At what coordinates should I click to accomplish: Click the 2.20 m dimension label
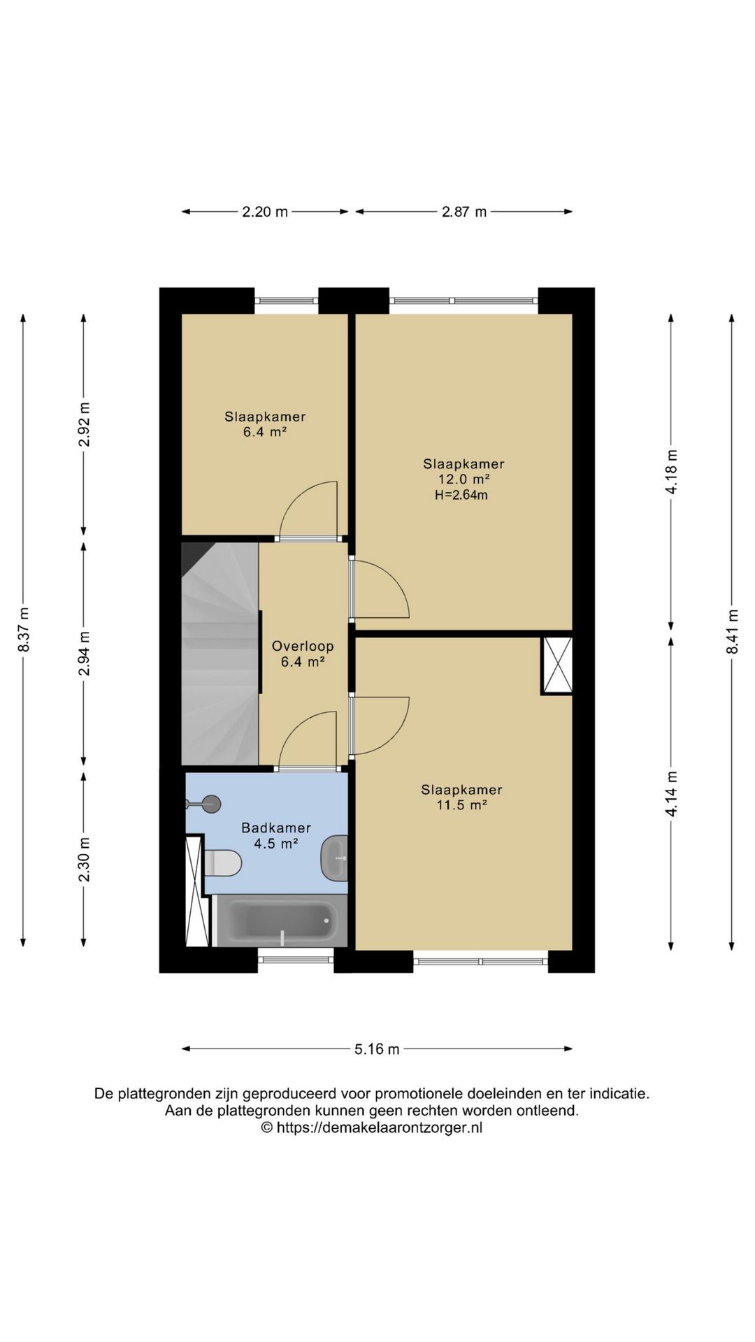coord(265,212)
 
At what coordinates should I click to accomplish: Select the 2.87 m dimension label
coord(463,212)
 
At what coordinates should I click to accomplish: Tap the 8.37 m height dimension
coord(24,629)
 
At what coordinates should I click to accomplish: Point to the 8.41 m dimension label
coord(732,632)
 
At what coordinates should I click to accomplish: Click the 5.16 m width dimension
coord(377,1049)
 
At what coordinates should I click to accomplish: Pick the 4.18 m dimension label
coord(671,472)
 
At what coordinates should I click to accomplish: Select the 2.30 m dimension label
coord(84,860)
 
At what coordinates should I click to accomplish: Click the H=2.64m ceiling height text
coord(461,496)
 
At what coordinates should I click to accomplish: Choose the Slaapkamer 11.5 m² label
coord(461,798)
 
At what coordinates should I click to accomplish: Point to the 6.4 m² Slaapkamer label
coord(265,424)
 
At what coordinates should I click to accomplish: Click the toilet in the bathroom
coord(223,863)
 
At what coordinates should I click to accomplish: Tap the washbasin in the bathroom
coord(334,857)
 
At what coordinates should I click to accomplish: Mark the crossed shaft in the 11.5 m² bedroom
coord(556,665)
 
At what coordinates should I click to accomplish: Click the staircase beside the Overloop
coord(220,654)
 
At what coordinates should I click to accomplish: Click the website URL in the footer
coord(380,1127)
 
